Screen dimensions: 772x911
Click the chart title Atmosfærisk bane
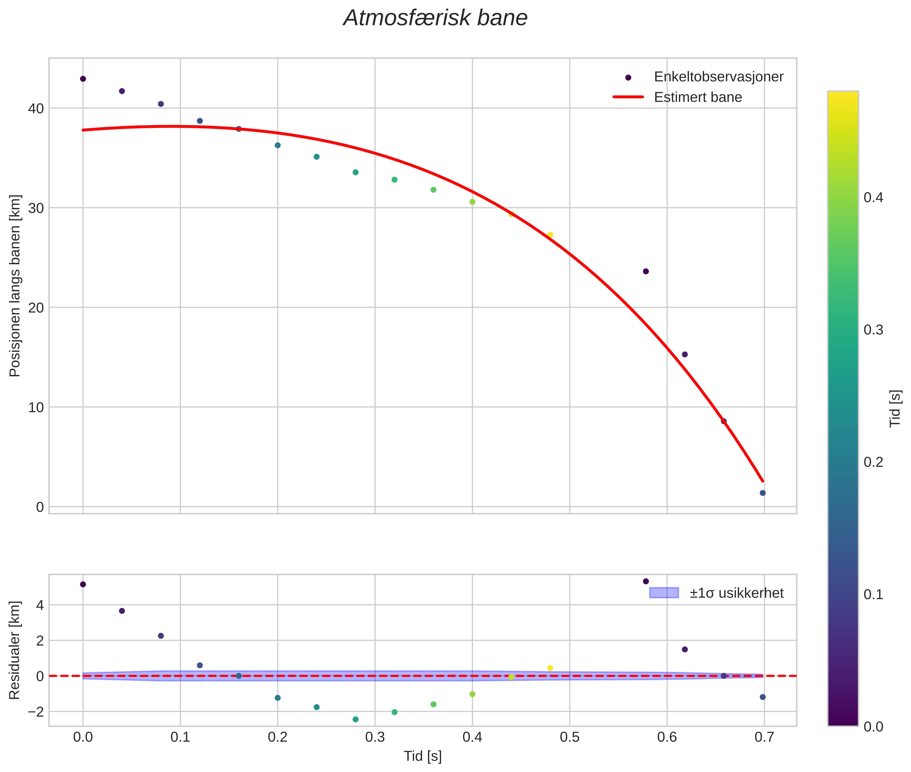(x=435, y=18)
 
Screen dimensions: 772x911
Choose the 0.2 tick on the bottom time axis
(x=277, y=737)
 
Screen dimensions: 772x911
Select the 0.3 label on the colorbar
(x=873, y=330)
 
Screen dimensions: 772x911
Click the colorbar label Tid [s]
(x=895, y=408)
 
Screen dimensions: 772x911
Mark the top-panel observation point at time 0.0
(x=83, y=79)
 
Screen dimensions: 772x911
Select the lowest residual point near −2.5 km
(x=355, y=719)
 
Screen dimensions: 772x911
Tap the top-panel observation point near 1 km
(x=762, y=493)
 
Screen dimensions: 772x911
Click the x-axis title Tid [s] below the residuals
(x=422, y=756)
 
